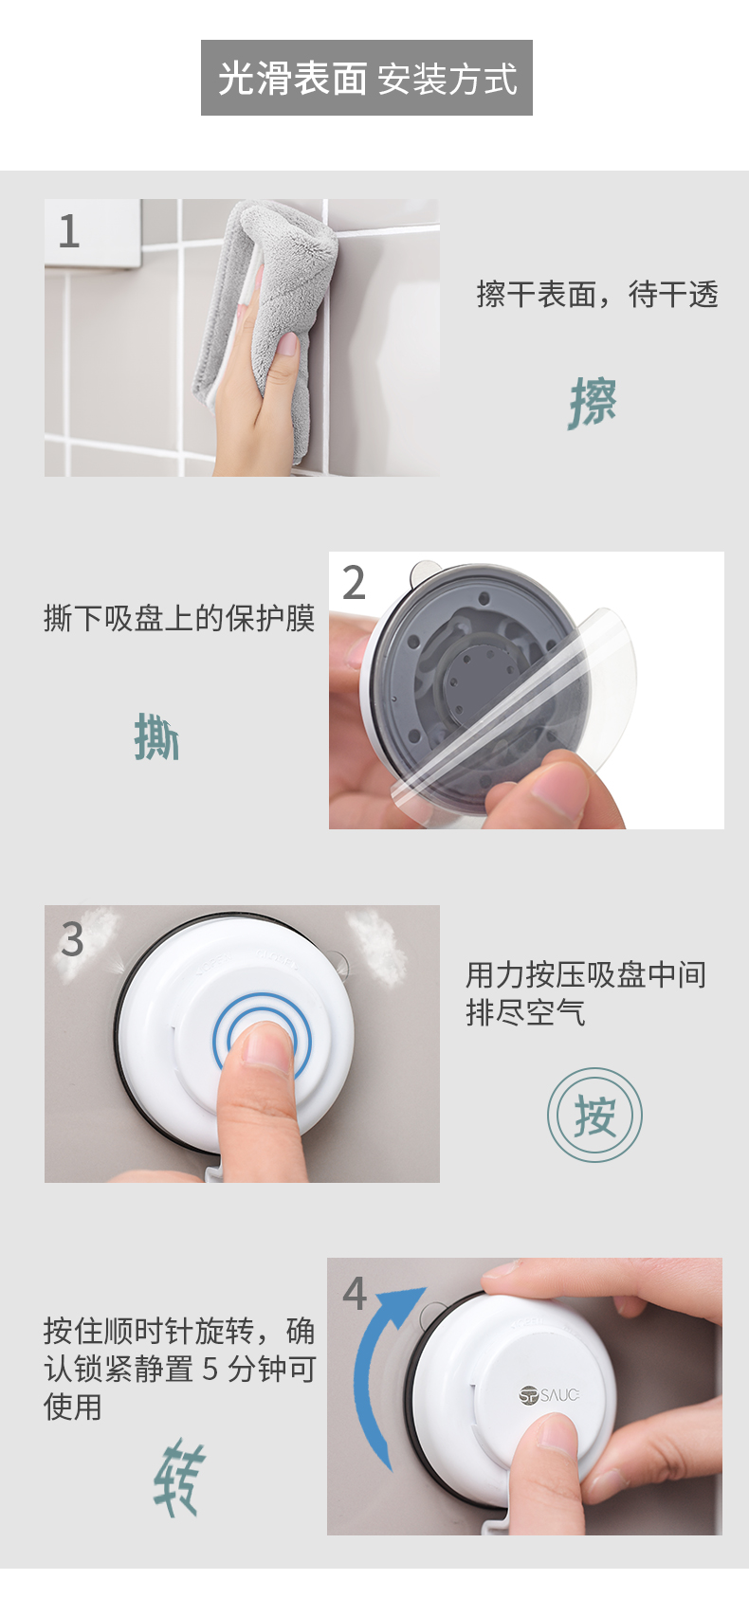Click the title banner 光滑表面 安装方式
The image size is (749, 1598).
click(367, 78)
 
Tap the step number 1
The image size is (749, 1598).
click(69, 231)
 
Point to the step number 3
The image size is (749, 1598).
click(72, 939)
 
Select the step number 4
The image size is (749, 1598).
click(355, 1293)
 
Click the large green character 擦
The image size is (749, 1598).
click(593, 403)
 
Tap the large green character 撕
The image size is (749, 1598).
click(156, 737)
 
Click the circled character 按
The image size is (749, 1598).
click(594, 1115)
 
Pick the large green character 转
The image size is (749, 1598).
click(179, 1478)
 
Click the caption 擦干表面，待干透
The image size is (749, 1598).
click(597, 294)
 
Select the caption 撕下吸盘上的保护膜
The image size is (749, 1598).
click(179, 618)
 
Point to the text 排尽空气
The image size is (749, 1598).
click(526, 1011)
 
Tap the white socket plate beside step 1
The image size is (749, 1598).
click(92, 234)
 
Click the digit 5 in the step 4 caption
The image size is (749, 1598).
click(210, 1370)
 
